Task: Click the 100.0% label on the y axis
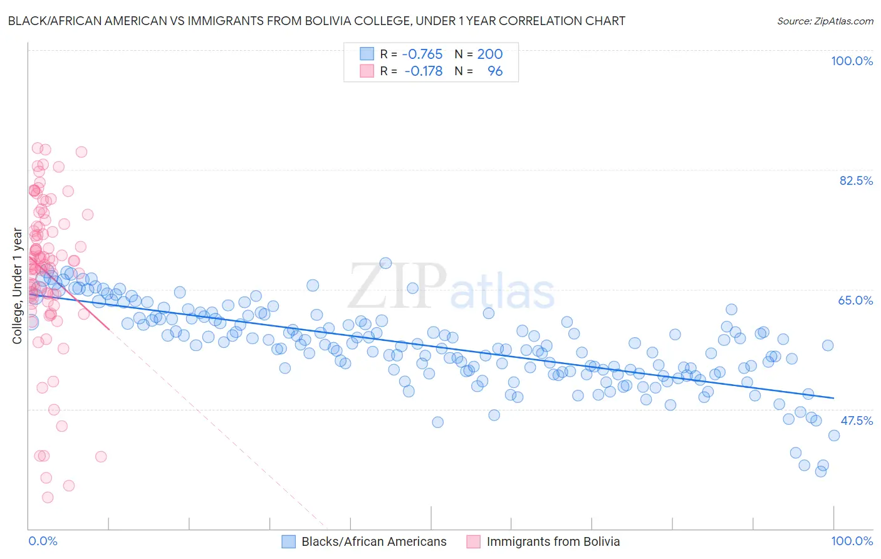point(852,61)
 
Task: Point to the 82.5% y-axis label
point(856,180)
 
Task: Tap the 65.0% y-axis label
point(855,300)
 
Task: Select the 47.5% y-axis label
point(856,421)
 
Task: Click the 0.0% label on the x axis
point(43,541)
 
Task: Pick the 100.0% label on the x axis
point(852,541)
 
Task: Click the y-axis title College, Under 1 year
point(18,286)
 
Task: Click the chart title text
point(316,21)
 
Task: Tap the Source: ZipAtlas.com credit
point(825,21)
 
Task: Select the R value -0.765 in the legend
point(422,55)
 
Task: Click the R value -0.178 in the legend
point(424,71)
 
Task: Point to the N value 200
point(490,55)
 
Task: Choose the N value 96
point(495,71)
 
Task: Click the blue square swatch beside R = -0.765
point(367,55)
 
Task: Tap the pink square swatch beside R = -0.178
point(367,71)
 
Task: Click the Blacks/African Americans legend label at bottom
point(374,541)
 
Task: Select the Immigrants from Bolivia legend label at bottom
point(553,541)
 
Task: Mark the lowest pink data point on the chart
point(48,498)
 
